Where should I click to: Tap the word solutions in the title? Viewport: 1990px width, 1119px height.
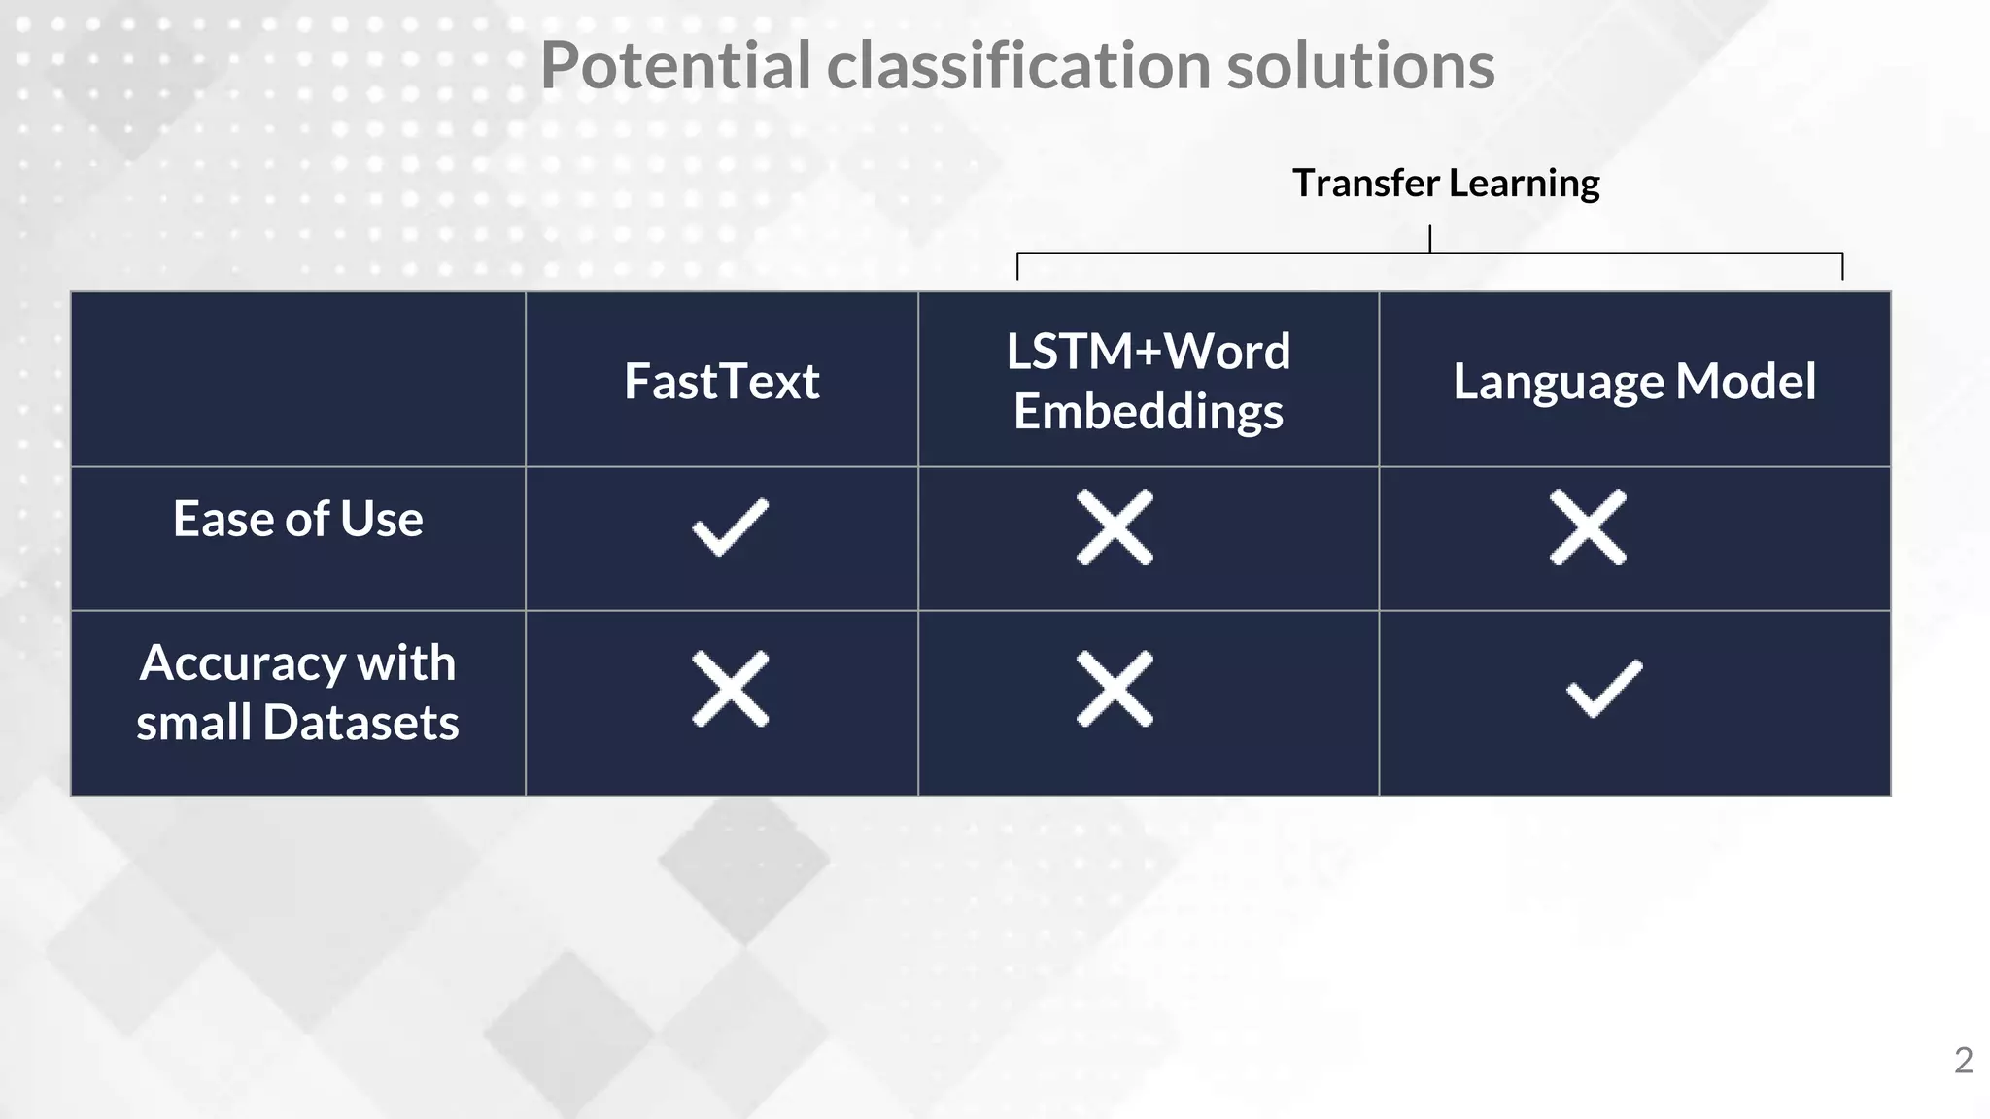pyautogui.click(x=1360, y=66)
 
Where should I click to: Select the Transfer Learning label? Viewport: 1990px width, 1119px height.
pyautogui.click(x=1445, y=184)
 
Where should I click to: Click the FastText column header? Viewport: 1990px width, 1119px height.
pyautogui.click(x=721, y=381)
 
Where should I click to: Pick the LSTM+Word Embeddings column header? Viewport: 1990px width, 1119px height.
pyautogui.click(x=1148, y=381)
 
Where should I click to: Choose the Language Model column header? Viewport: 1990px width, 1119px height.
pyautogui.click(x=1633, y=381)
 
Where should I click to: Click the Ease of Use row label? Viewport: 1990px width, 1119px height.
pyautogui.click(x=297, y=519)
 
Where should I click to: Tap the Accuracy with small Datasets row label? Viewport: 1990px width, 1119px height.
pyautogui.click(x=297, y=693)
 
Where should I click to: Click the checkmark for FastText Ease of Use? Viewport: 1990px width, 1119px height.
pyautogui.click(x=730, y=527)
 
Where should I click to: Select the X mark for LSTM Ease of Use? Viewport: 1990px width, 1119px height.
pyautogui.click(x=1115, y=527)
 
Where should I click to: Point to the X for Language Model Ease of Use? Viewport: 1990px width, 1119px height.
pyautogui.click(x=1588, y=527)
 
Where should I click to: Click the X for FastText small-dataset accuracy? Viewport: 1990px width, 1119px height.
pyautogui.click(x=730, y=689)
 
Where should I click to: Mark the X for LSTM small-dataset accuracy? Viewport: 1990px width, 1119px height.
pyautogui.click(x=1115, y=689)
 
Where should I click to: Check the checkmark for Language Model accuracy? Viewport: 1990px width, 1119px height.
pyautogui.click(x=1604, y=689)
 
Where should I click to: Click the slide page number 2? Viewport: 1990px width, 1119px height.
pyautogui.click(x=1963, y=1061)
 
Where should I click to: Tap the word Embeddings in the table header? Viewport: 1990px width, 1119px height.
pyautogui.click(x=1148, y=412)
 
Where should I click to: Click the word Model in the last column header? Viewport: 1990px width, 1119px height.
pyautogui.click(x=1745, y=381)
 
